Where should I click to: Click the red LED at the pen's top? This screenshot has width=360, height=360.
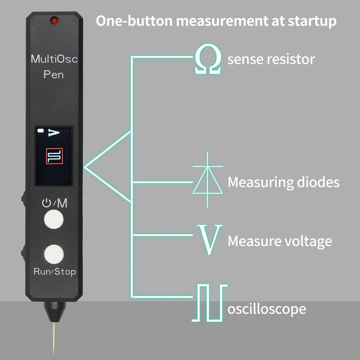[55, 20]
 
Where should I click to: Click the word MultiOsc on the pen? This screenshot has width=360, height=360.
[54, 59]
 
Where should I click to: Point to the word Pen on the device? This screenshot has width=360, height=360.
[54, 74]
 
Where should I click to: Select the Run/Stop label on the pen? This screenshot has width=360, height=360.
[55, 272]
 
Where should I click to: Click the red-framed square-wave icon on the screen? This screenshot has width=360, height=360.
[54, 157]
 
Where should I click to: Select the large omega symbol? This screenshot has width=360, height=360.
[208, 61]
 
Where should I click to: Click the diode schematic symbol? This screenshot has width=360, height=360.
[208, 180]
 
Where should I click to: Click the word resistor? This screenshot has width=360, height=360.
[291, 59]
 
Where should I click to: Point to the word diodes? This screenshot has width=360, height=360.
[314, 182]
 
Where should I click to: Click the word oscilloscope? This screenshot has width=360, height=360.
[267, 309]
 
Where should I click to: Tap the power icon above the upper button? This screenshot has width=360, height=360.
[46, 204]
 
